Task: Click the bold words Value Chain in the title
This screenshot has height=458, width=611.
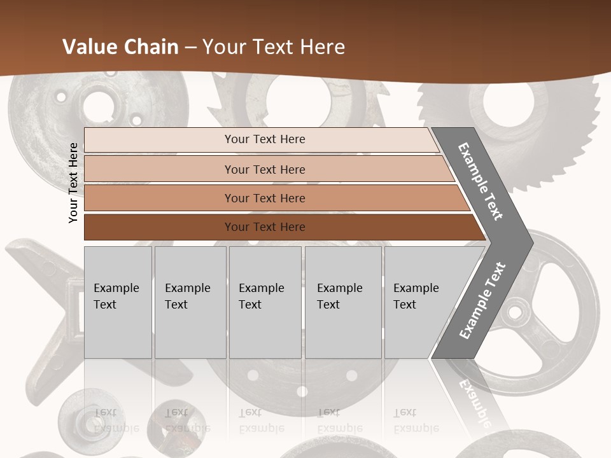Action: click(x=120, y=47)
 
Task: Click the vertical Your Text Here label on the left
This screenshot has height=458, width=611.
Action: click(x=73, y=183)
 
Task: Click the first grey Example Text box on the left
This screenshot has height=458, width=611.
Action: click(x=118, y=302)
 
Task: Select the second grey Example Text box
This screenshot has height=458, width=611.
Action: click(x=190, y=302)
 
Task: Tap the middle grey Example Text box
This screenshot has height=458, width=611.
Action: click(x=265, y=302)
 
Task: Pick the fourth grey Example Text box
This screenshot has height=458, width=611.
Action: click(x=343, y=302)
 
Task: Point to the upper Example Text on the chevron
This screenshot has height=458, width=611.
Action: click(x=481, y=181)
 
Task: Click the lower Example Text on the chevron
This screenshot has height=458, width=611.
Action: click(x=482, y=300)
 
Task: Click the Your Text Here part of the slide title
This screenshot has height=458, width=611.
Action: click(x=274, y=47)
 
